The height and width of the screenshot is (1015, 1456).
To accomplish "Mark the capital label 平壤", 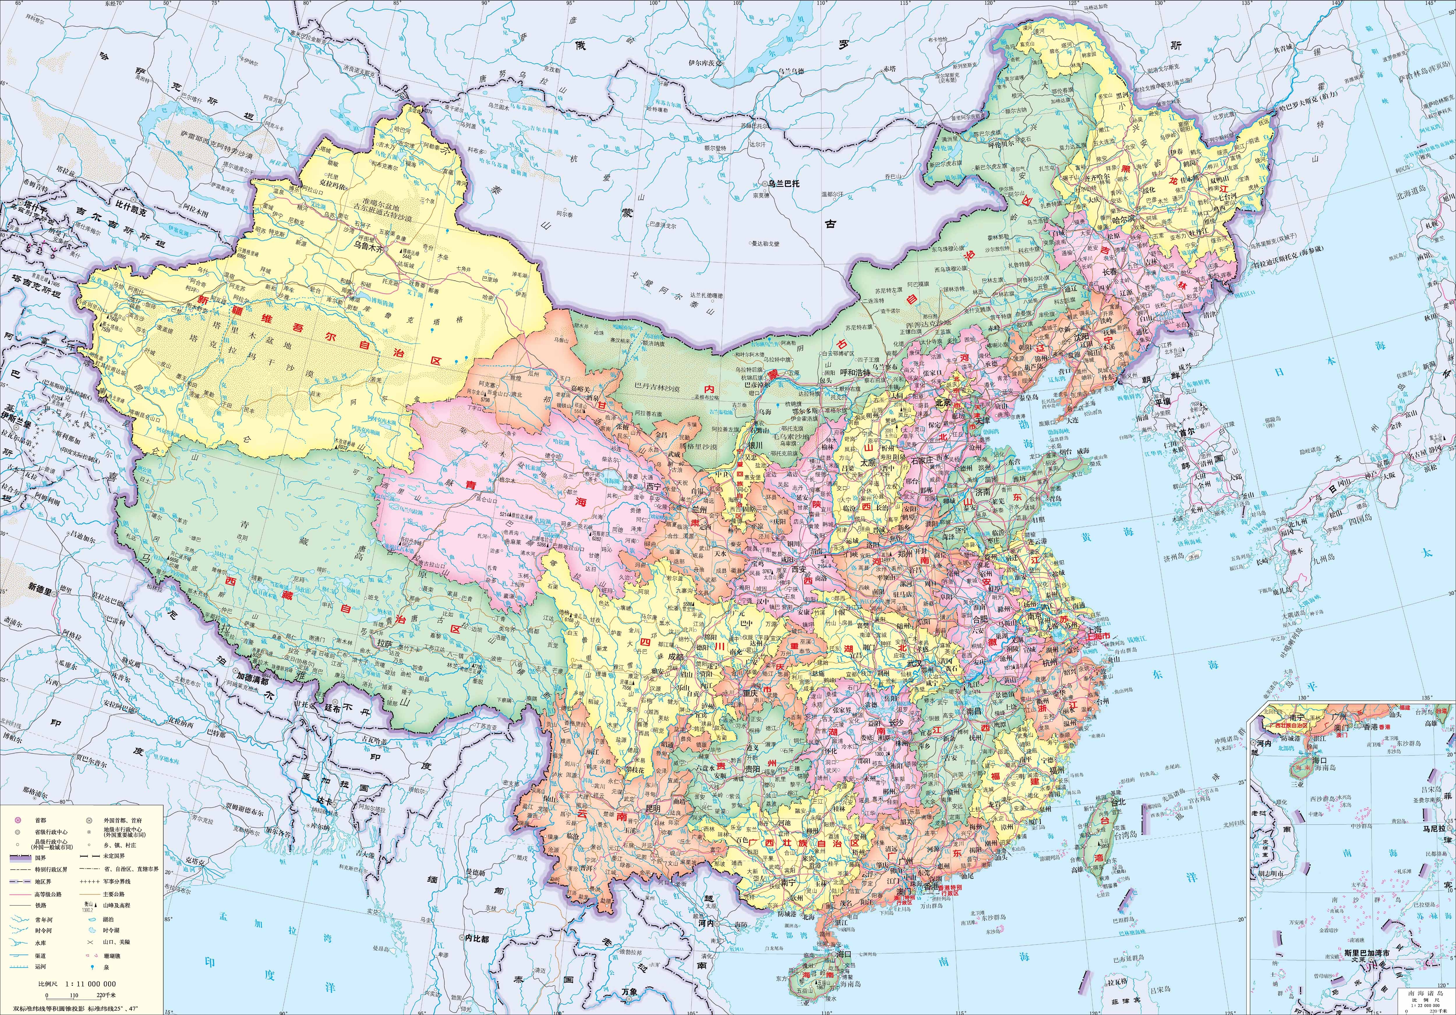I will (x=1162, y=401).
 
